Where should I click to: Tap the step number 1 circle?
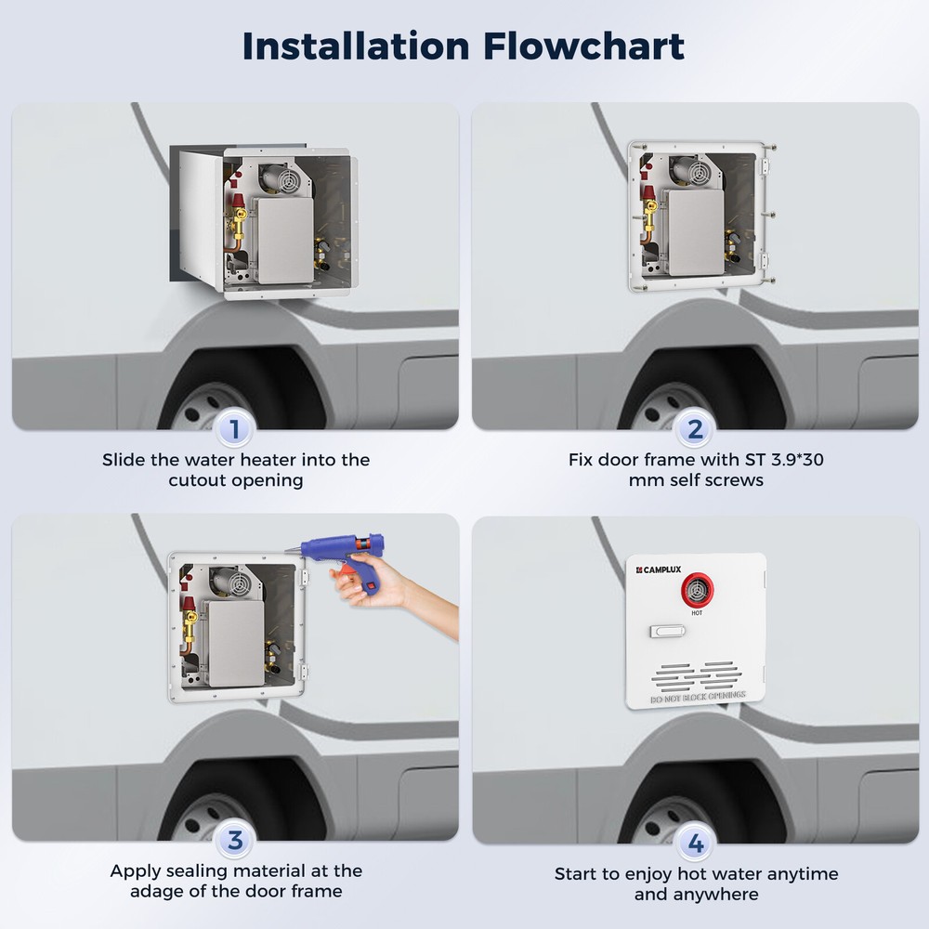point(234,429)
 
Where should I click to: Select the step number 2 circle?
point(694,429)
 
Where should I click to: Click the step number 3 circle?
point(234,842)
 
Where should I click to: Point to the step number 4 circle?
point(694,844)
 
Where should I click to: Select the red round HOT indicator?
point(696,588)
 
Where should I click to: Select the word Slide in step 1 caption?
point(123,459)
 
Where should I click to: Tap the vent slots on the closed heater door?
point(696,674)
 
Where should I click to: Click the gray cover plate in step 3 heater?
point(233,642)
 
